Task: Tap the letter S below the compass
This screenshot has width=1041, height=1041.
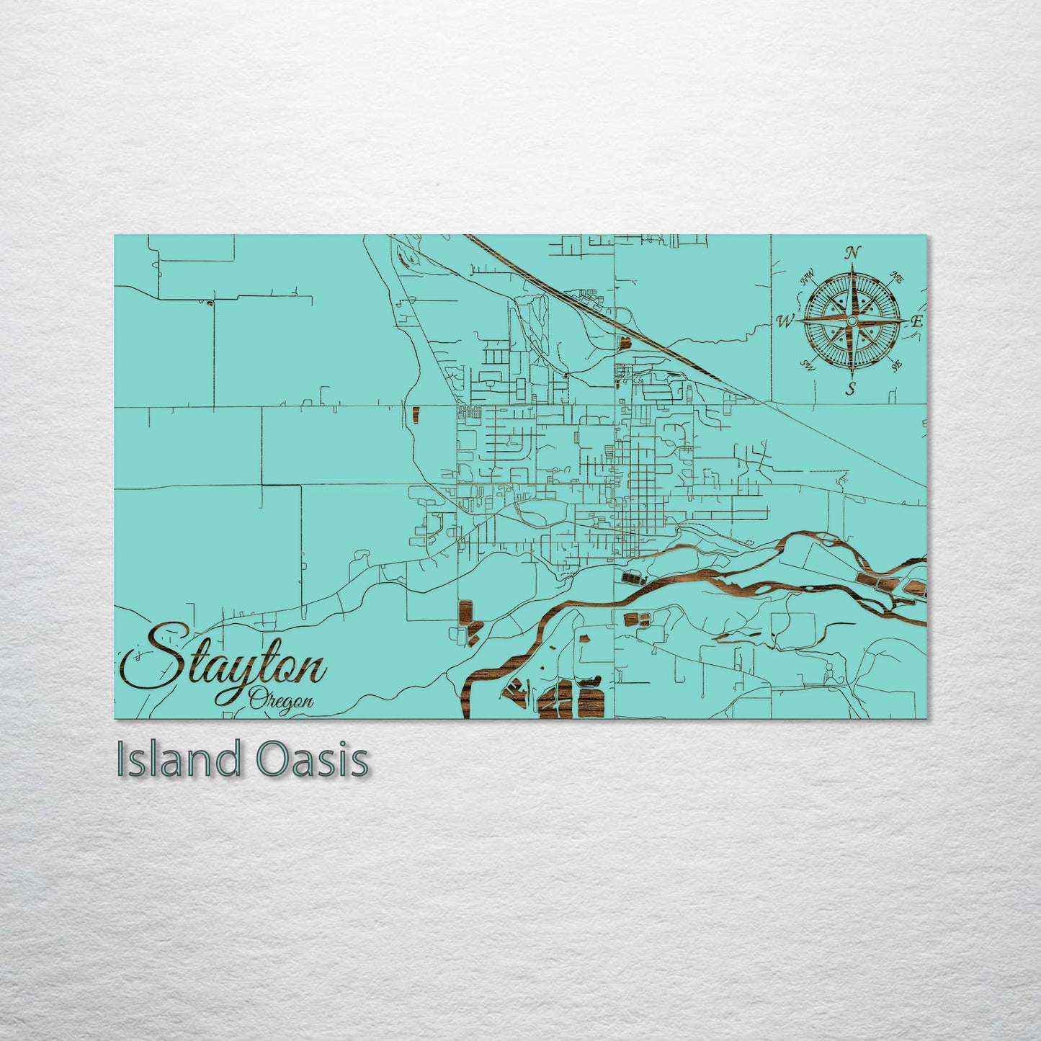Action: point(851,390)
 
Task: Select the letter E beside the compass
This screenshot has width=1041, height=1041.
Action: point(916,322)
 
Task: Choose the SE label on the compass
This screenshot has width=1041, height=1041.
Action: point(897,365)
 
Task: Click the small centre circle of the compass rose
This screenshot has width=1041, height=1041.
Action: point(852,320)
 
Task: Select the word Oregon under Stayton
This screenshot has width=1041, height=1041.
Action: point(282,700)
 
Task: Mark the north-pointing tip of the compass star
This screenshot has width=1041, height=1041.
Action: point(852,265)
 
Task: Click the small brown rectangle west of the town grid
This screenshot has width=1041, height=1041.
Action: point(415,414)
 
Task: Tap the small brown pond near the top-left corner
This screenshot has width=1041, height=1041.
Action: point(209,303)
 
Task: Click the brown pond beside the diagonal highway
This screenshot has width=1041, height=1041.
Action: point(622,341)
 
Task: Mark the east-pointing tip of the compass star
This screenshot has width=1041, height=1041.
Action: point(906,320)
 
